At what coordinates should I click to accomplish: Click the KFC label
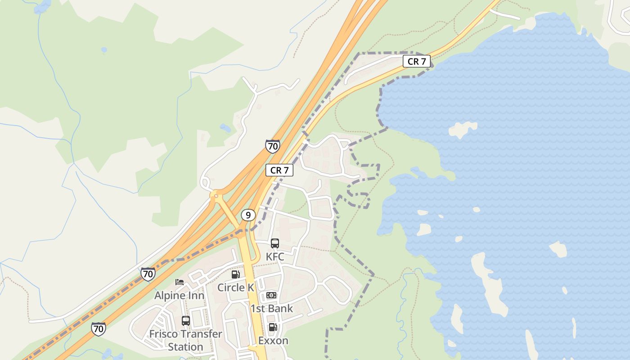click(x=275, y=256)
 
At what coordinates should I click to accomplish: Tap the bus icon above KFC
click(x=275, y=243)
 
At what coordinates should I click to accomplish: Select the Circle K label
click(x=235, y=287)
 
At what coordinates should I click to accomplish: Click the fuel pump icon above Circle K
click(x=235, y=274)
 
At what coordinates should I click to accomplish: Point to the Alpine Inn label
click(x=179, y=296)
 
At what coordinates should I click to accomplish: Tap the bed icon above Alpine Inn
click(x=180, y=282)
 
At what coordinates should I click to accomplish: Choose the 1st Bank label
click(x=271, y=308)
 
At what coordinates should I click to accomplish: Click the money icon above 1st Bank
click(x=271, y=295)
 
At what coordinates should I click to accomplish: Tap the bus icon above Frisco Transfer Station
click(x=185, y=321)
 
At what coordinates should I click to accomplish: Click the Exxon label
click(x=273, y=341)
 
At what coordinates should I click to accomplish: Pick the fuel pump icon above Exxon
click(x=272, y=328)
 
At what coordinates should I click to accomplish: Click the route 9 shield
click(x=248, y=215)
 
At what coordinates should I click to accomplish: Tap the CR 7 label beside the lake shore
click(x=417, y=61)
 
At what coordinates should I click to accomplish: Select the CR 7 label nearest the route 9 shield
click(x=279, y=170)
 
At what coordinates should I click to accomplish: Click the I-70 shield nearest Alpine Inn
click(x=148, y=274)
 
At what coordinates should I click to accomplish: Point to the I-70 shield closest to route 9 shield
click(x=272, y=146)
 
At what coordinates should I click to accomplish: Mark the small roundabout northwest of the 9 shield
click(x=216, y=196)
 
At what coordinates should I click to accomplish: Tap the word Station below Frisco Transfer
click(x=185, y=347)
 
